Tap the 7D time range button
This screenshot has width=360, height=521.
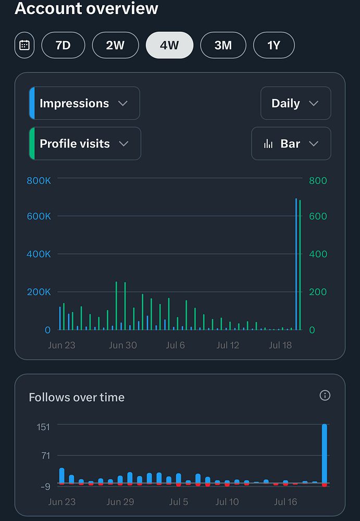[x=63, y=45]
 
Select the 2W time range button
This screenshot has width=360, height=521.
[x=115, y=45]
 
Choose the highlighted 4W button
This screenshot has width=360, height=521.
[x=169, y=45]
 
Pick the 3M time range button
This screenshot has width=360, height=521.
[x=223, y=45]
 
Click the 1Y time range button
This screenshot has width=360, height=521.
[x=274, y=45]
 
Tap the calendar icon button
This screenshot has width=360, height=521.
[x=24, y=45]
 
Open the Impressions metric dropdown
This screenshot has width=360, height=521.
[x=84, y=103]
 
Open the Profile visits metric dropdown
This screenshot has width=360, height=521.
[x=85, y=143]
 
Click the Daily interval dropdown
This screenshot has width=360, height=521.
[x=295, y=103]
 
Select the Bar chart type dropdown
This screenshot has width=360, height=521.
[x=291, y=143]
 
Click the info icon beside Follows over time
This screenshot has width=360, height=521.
[x=325, y=395]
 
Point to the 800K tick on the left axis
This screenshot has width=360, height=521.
[x=39, y=181]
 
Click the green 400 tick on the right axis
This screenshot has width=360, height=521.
[x=318, y=254]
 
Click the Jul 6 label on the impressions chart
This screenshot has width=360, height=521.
[x=175, y=345]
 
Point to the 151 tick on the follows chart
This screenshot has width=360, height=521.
[x=43, y=427]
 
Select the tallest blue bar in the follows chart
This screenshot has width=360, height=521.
[x=325, y=453]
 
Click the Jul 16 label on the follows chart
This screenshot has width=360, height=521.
[x=285, y=502]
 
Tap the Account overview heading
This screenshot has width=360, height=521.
[x=86, y=8]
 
